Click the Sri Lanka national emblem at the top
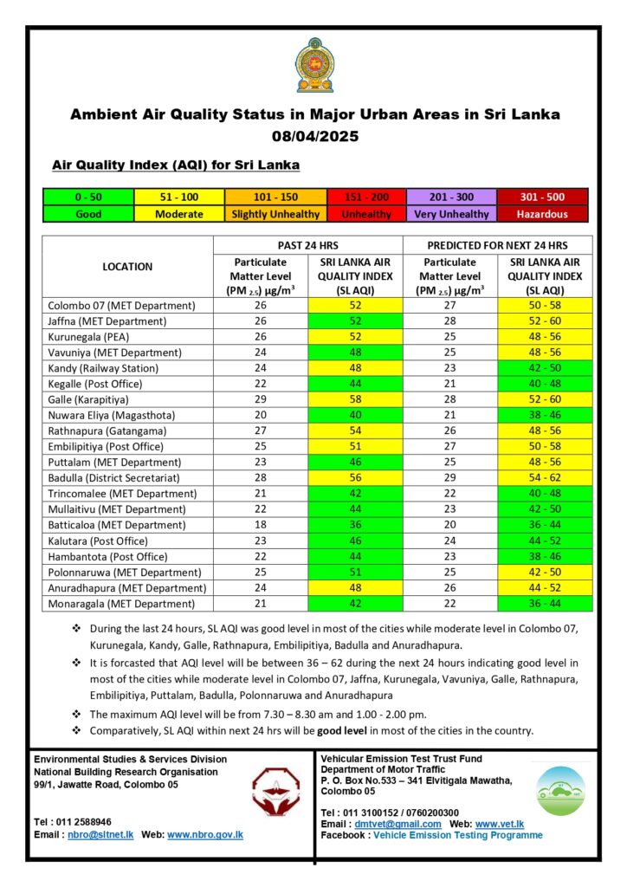coord(313,65)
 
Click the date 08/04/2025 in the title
coord(314,136)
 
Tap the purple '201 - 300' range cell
coord(450,197)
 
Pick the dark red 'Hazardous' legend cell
coord(542,214)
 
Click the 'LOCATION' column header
coord(127,267)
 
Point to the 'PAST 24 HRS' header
coord(307,245)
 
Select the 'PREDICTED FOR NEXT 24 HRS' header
coord(497,245)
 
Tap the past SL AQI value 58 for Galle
coord(356,399)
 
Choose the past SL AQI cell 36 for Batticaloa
coord(356,525)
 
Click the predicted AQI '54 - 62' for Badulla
coord(545,478)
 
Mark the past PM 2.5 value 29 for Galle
coord(261,399)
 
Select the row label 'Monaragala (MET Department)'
coord(122,604)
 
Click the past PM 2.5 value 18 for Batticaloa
coord(261,525)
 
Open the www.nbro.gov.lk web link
coord(205,835)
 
